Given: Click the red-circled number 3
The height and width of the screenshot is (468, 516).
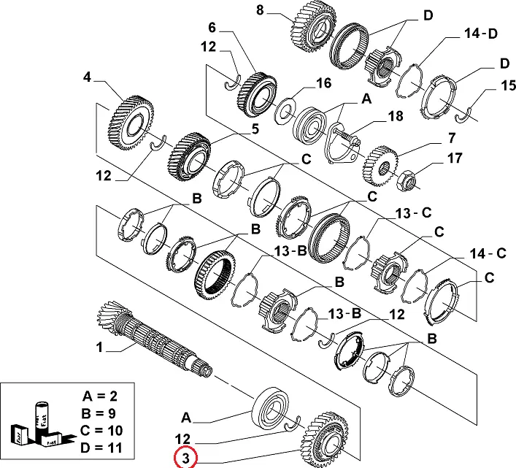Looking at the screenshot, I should (x=185, y=459).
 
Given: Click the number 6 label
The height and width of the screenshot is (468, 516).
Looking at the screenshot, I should (x=212, y=27).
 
